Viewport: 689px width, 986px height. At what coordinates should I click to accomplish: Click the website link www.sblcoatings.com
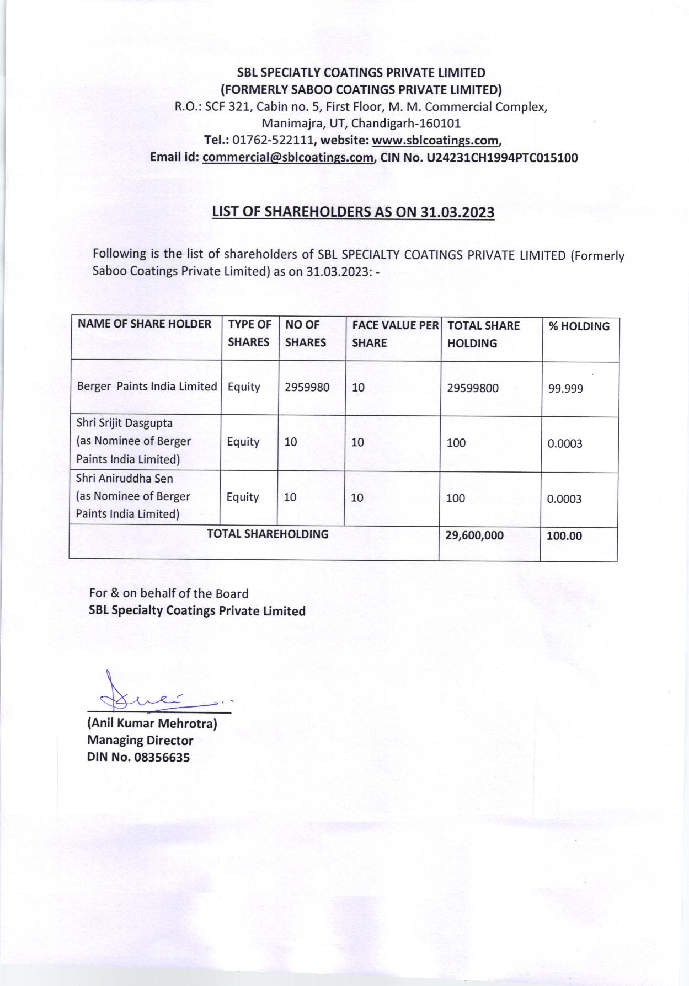[436, 141]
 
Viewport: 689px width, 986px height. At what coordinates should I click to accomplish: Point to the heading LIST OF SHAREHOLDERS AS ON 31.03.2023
[353, 212]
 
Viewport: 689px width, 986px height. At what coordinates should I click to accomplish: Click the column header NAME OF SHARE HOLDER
[145, 324]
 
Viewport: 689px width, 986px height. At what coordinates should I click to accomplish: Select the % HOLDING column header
[579, 326]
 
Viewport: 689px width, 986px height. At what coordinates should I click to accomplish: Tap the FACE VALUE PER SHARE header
[395, 334]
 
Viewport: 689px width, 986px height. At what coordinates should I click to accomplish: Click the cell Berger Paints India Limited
[147, 387]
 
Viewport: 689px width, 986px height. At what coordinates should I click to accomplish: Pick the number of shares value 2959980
[307, 387]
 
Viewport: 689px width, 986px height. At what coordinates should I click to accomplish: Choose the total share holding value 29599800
[473, 388]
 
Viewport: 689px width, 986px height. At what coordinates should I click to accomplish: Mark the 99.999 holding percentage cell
[565, 389]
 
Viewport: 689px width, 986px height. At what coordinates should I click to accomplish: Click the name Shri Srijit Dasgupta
[124, 424]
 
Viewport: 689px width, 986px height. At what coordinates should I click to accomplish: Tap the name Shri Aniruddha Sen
[124, 478]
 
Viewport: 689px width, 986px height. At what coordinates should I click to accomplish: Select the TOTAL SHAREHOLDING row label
[267, 534]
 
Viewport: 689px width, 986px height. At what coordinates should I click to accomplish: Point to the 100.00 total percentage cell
[564, 536]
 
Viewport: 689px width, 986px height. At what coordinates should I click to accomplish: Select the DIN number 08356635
[162, 757]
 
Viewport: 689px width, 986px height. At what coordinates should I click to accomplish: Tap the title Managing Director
[140, 740]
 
